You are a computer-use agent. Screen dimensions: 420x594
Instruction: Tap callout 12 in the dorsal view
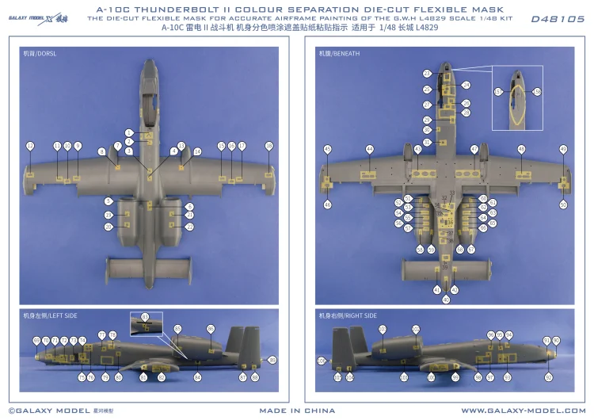(x=30, y=146)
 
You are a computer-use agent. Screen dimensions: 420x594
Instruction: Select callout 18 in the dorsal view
(x=268, y=146)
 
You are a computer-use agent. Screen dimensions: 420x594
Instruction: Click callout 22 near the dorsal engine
(x=189, y=227)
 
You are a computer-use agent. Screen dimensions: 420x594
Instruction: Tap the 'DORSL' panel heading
(x=40, y=53)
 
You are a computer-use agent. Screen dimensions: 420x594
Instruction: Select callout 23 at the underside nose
(x=427, y=73)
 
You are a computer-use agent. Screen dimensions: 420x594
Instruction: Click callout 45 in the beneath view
(x=327, y=149)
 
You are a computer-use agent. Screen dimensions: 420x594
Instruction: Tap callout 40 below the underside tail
(x=445, y=299)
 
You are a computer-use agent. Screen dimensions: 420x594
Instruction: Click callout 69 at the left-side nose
(x=36, y=340)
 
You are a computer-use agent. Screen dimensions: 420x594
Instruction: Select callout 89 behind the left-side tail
(x=272, y=361)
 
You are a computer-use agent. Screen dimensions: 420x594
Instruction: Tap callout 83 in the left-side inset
(x=145, y=317)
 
